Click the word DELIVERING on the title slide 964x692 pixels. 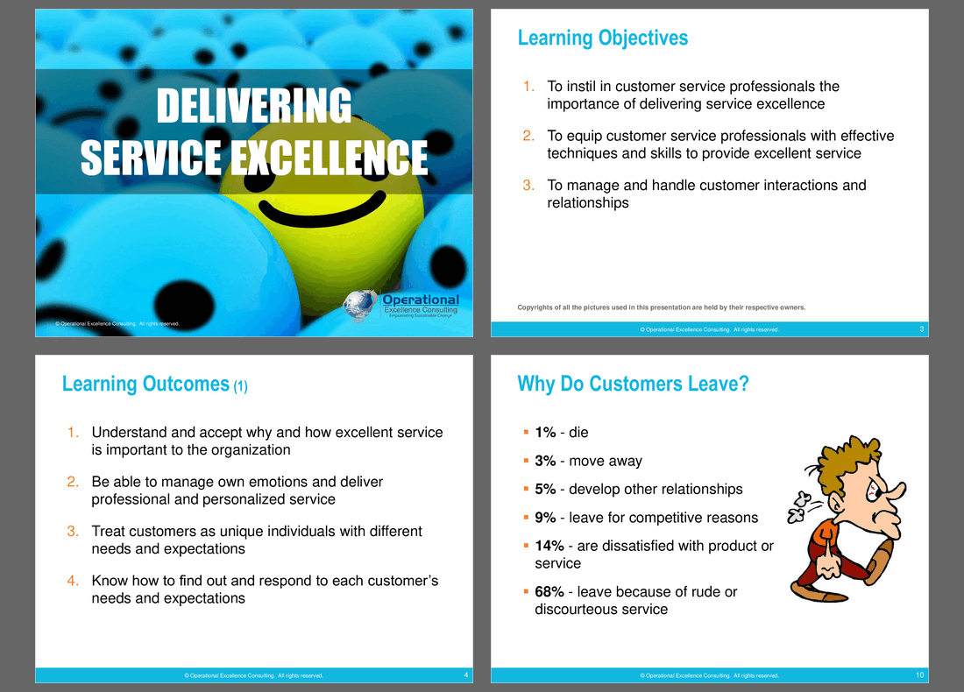[x=254, y=106]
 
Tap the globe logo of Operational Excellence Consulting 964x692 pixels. [x=359, y=306]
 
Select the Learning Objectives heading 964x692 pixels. [x=603, y=38]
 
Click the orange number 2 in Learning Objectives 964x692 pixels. [x=528, y=136]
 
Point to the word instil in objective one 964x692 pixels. [x=582, y=87]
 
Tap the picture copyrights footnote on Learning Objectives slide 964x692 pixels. [x=662, y=307]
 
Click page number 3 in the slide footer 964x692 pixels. [x=921, y=329]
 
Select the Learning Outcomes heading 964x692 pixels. [x=155, y=385]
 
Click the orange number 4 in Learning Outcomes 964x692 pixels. [x=73, y=581]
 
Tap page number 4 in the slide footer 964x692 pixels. [x=465, y=675]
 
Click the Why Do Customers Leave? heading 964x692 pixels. [x=634, y=384]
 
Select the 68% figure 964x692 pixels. [x=549, y=592]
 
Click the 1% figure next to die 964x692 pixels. [x=545, y=433]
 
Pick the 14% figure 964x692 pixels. [x=549, y=546]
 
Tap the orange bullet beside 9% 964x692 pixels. [x=526, y=518]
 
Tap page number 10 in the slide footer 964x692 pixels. [x=919, y=675]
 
